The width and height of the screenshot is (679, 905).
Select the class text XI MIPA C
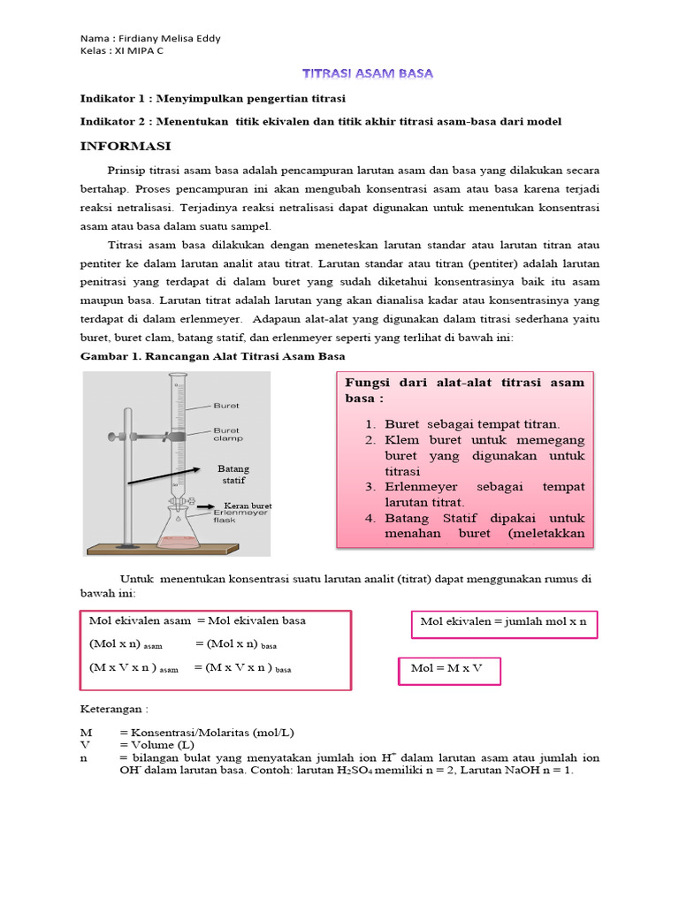pos(134,50)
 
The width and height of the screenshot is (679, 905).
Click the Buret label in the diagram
pos(225,406)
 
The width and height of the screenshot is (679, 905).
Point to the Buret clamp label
pos(227,433)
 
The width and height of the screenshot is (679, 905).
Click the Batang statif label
pos(233,475)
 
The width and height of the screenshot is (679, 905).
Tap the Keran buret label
pos(248,506)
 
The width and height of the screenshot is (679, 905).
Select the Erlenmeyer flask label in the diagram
pos(233,516)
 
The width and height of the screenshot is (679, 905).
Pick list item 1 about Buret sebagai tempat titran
pos(472,424)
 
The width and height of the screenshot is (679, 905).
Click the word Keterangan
pos(115,708)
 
